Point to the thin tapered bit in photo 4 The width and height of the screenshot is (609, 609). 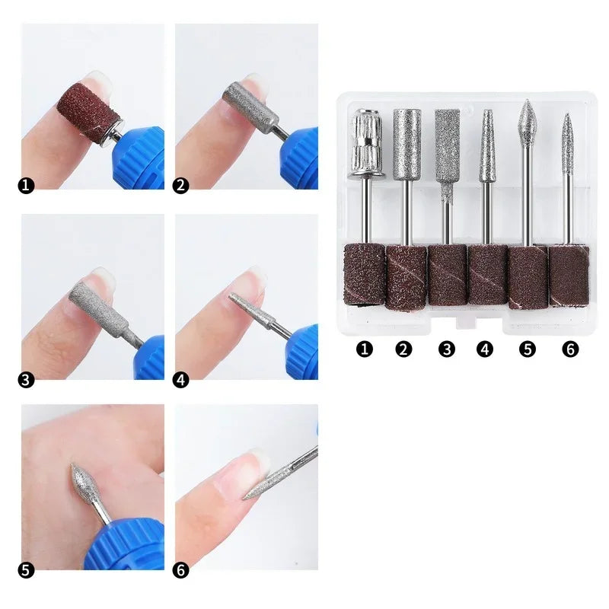click(247, 307)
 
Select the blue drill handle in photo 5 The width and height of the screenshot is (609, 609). click(126, 542)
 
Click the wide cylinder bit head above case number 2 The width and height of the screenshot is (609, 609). click(406, 144)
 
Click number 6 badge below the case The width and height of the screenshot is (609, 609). click(571, 349)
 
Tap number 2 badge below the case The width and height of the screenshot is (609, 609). click(403, 349)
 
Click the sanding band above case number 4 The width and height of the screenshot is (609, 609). click(486, 274)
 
